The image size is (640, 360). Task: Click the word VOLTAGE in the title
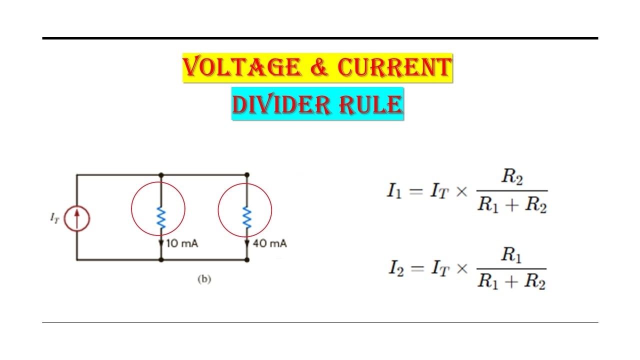[x=241, y=68]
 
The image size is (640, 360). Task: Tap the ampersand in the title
[x=318, y=68]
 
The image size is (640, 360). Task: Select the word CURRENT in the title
[x=393, y=68]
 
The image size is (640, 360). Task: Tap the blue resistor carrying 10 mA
[x=161, y=218]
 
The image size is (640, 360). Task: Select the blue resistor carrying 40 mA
[x=246, y=218]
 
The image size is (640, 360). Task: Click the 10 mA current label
[x=183, y=244]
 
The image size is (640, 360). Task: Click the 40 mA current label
[x=270, y=244]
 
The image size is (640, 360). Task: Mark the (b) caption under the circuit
[x=204, y=279]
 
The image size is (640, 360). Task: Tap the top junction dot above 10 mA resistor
[x=161, y=175]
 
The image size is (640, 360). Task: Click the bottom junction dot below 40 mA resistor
[x=246, y=260]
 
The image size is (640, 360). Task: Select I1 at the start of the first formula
[x=394, y=191]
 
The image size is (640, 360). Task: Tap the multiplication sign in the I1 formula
[x=460, y=192]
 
